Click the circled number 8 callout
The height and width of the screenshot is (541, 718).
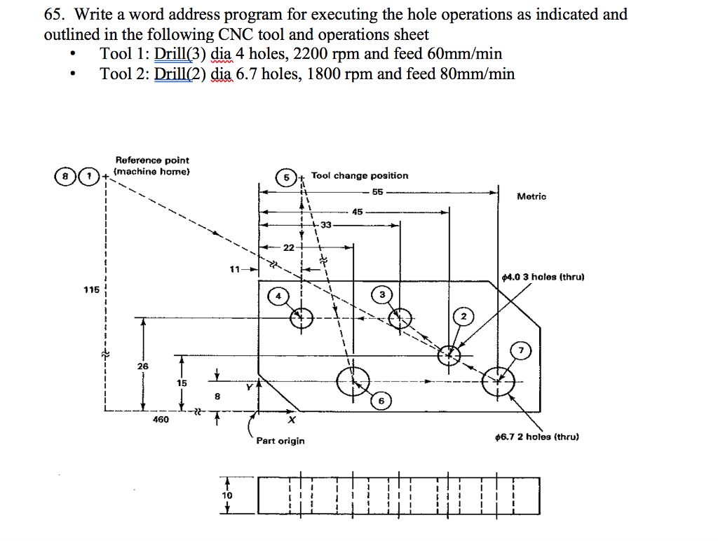67,177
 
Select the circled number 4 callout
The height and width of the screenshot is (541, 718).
278,296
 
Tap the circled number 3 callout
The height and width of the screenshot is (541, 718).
382,294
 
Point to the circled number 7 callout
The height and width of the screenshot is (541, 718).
521,349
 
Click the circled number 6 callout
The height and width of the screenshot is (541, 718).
381,401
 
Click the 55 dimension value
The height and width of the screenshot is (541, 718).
378,191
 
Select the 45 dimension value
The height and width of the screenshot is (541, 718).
358,211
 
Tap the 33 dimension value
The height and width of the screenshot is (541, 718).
326,225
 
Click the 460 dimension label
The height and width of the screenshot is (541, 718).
161,420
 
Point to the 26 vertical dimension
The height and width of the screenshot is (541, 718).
142,366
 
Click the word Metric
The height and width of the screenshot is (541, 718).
531,197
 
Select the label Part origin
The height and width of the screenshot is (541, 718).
280,441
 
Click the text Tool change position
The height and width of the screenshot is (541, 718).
359,176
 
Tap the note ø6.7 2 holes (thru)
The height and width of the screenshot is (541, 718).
536,437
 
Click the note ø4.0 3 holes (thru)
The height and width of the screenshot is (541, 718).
543,277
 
